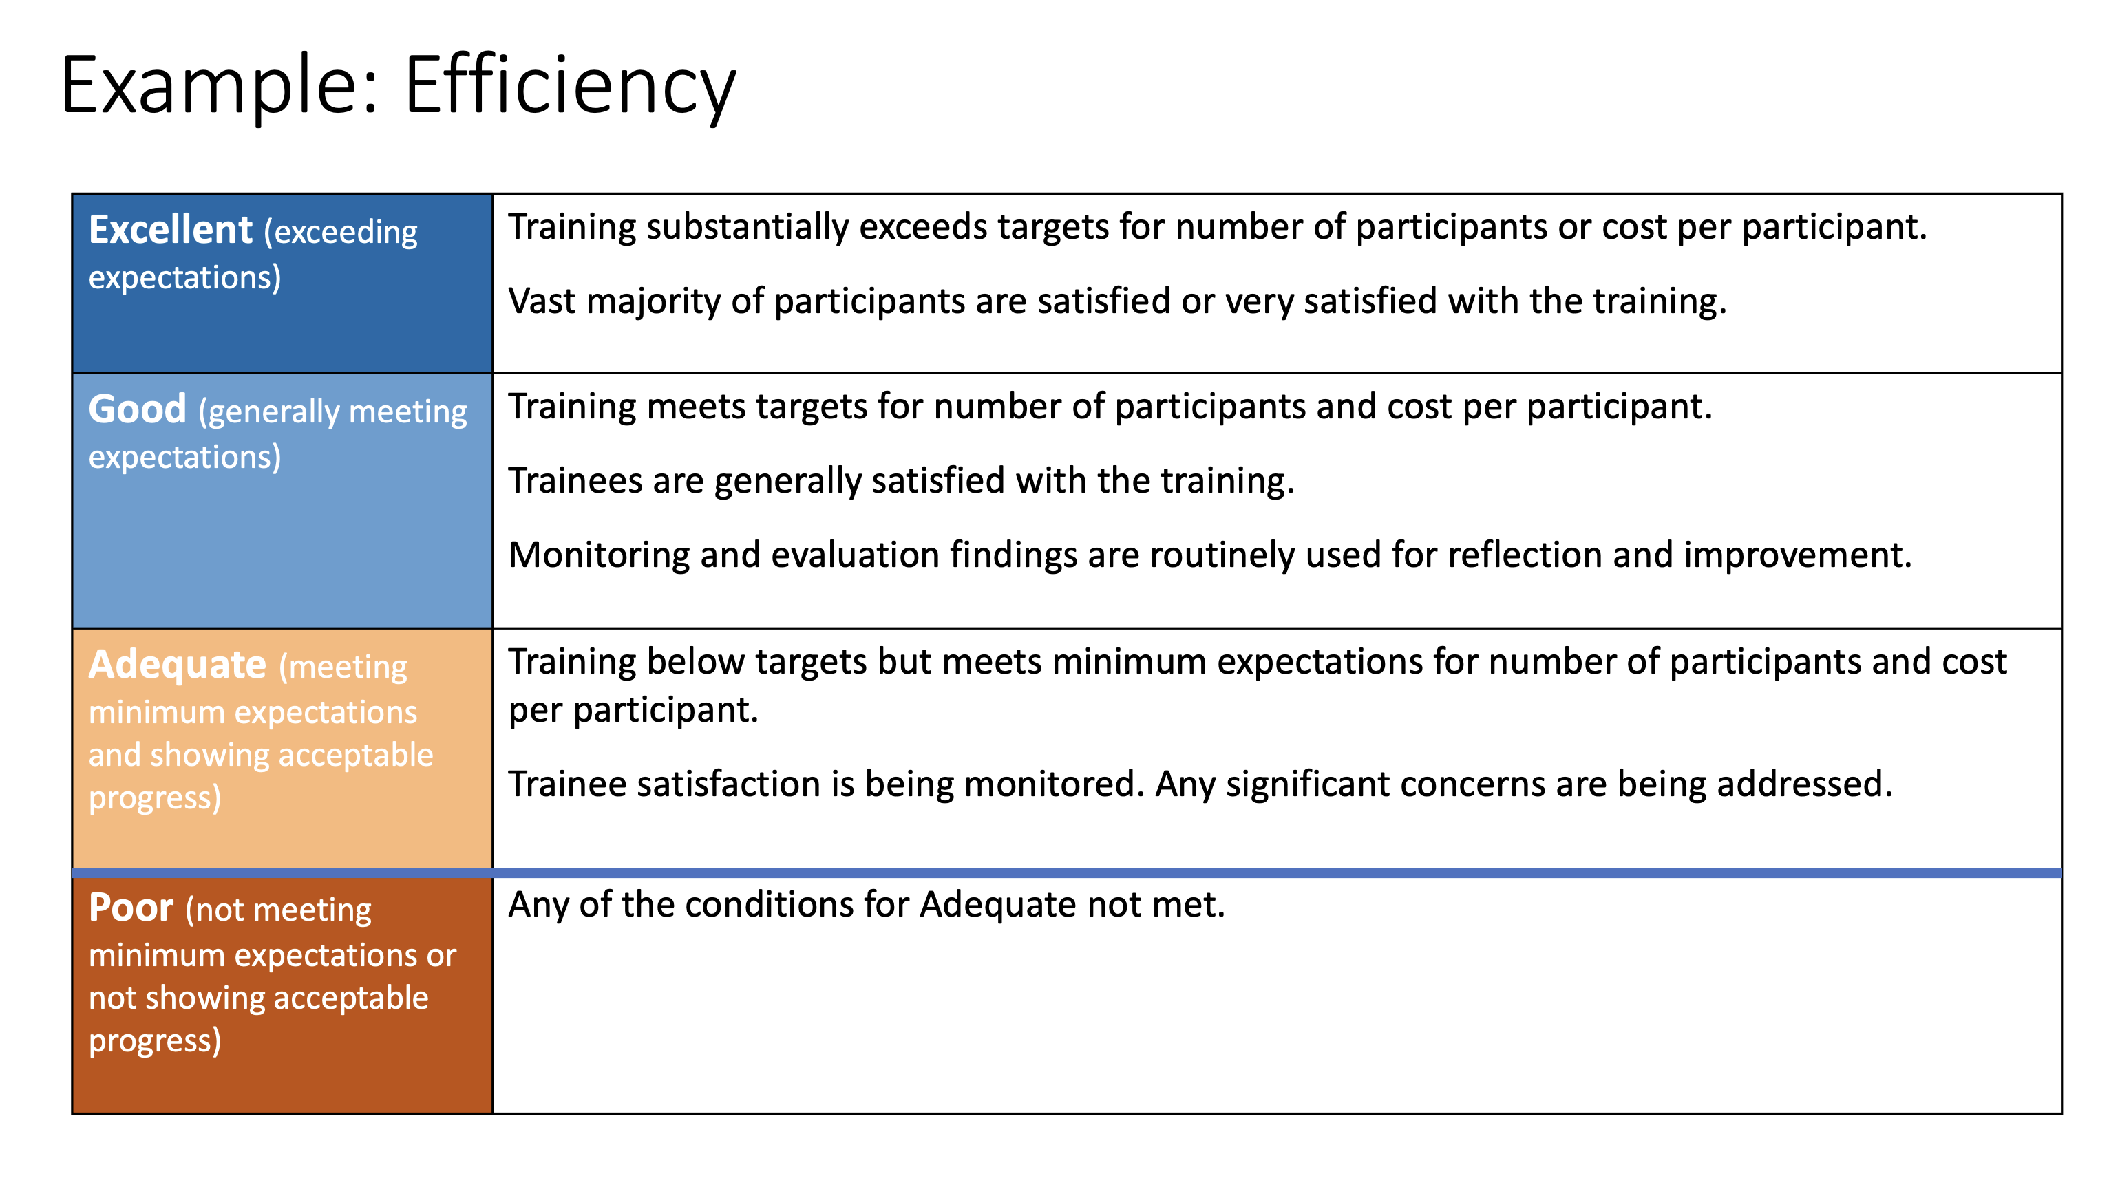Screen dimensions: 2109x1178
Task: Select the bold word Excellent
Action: tap(170, 229)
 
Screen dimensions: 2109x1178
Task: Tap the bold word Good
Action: tap(138, 409)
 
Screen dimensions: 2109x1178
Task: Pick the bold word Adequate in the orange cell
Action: tap(178, 664)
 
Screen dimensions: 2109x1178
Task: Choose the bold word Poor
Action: tap(131, 907)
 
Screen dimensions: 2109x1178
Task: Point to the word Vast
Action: tap(542, 301)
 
